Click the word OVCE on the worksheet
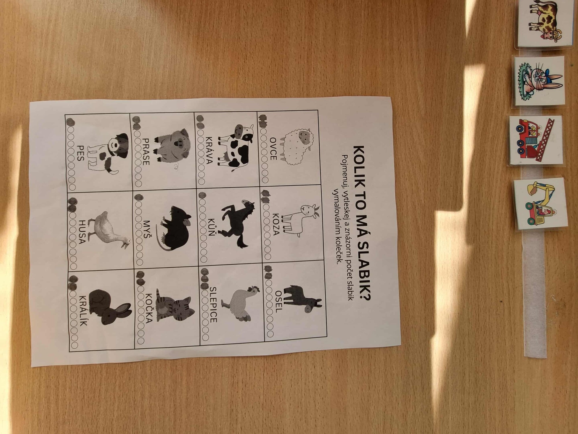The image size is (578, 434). tap(273, 149)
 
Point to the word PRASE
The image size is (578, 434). tap(146, 152)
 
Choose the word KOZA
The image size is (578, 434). tap(276, 224)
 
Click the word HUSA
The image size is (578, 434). tap(82, 232)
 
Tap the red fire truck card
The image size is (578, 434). tap(536, 141)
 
